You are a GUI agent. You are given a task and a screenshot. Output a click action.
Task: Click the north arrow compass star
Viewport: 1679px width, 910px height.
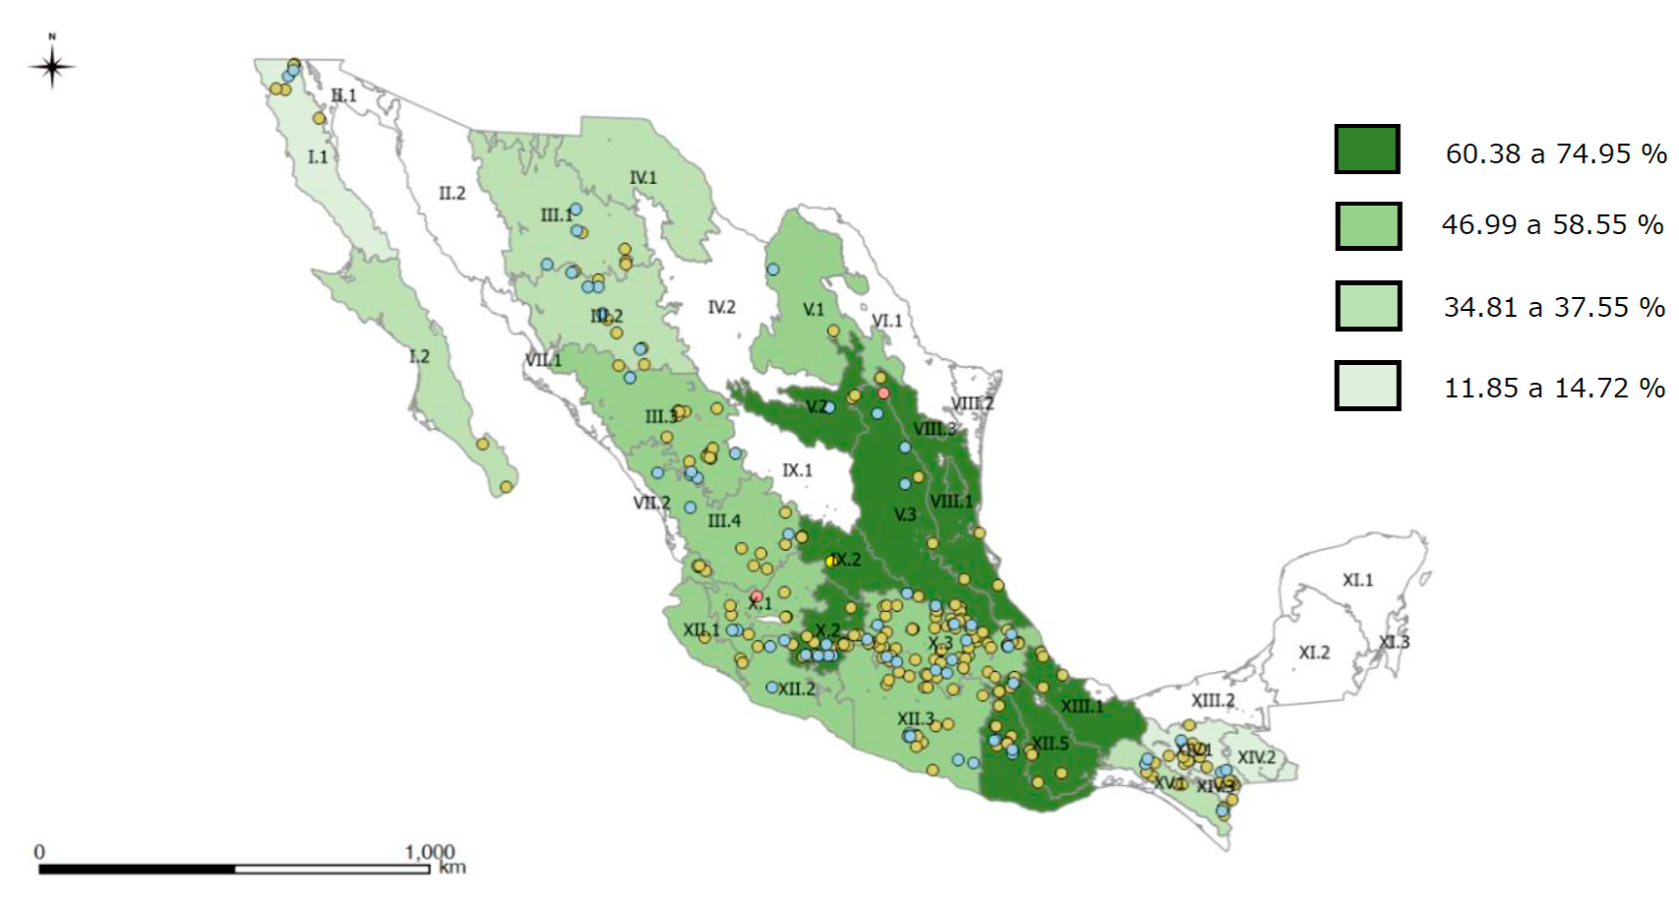(52, 67)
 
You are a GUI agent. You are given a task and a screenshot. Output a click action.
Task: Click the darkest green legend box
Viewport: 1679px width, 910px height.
(1366, 150)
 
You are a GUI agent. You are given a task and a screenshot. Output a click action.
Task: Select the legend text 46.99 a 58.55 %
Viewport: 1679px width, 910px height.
(1552, 225)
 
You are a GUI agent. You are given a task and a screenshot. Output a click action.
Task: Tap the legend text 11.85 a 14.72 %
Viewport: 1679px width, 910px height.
(1554, 389)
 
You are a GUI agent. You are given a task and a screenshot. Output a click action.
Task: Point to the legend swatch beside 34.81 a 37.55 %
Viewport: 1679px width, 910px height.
(1367, 306)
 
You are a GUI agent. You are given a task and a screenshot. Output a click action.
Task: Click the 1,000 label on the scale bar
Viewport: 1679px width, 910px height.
(429, 851)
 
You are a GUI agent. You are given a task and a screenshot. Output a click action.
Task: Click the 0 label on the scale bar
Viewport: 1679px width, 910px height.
(39, 851)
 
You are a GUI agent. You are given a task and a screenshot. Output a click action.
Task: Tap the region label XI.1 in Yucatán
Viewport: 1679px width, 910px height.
(1357, 580)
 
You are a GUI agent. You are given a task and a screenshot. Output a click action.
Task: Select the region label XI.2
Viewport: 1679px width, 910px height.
(1313, 652)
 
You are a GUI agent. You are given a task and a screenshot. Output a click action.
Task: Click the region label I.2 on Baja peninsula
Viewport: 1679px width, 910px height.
(419, 356)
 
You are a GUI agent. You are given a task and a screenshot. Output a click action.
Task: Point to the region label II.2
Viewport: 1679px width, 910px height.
(451, 193)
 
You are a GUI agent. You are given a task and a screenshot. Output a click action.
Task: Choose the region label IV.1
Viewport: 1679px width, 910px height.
(642, 178)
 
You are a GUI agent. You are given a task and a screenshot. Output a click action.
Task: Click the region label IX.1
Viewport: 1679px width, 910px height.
(797, 470)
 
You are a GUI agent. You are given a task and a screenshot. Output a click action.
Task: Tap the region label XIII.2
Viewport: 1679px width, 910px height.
(1213, 700)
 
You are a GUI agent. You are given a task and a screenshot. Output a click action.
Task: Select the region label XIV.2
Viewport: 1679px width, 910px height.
(1256, 758)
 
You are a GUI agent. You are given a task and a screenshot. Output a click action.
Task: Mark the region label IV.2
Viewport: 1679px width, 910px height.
(721, 307)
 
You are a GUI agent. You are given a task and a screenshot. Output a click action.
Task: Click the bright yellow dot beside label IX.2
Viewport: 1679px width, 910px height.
(832, 561)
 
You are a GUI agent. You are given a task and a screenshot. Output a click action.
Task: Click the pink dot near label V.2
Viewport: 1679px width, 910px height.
(883, 394)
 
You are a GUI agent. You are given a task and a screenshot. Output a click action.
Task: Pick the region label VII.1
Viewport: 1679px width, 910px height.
(543, 360)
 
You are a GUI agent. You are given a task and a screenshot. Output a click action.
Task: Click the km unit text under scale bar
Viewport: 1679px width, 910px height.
(452, 868)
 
